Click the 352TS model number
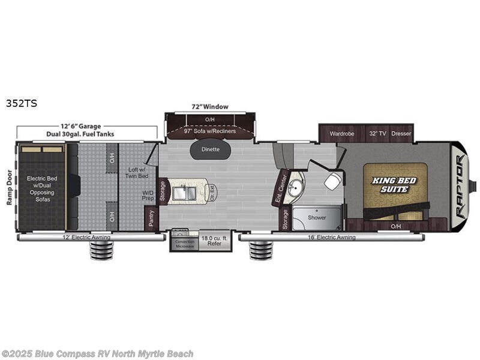[21, 103]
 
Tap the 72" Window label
[210, 107]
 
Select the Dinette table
[210, 149]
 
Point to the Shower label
[317, 217]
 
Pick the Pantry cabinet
[151, 219]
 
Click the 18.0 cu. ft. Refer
[215, 241]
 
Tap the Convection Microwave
[184, 244]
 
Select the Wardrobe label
[341, 134]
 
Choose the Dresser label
[401, 134]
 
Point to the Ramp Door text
[10, 187]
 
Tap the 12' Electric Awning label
[90, 237]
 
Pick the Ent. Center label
[279, 188]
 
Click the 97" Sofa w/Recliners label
[210, 131]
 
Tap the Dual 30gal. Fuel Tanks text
[86, 134]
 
